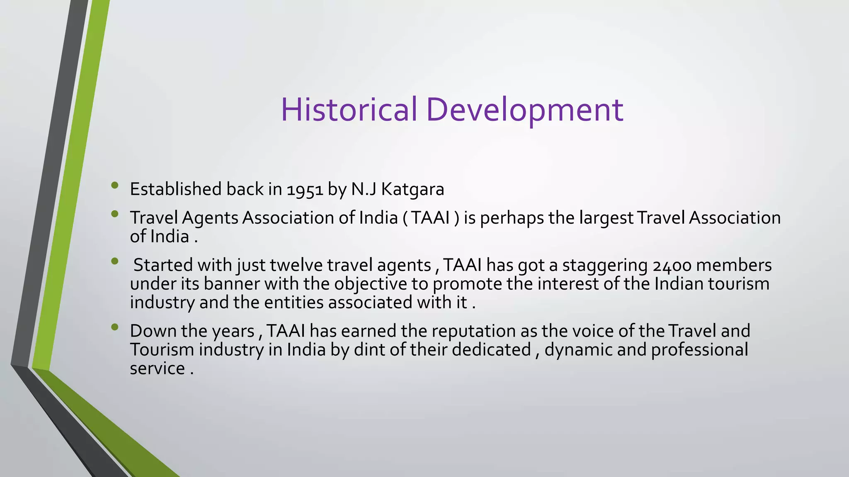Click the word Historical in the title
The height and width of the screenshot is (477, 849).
click(x=349, y=109)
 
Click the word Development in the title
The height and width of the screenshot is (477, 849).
click(x=524, y=109)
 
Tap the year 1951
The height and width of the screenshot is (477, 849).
click(x=305, y=190)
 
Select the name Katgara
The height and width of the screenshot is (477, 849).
click(x=412, y=190)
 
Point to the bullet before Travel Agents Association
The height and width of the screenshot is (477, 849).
click(x=115, y=214)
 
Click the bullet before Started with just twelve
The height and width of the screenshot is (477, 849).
click(x=115, y=261)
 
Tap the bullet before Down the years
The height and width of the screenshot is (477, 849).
click(x=115, y=327)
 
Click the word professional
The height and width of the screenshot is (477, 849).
click(x=699, y=350)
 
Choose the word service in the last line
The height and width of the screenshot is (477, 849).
click(x=157, y=369)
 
